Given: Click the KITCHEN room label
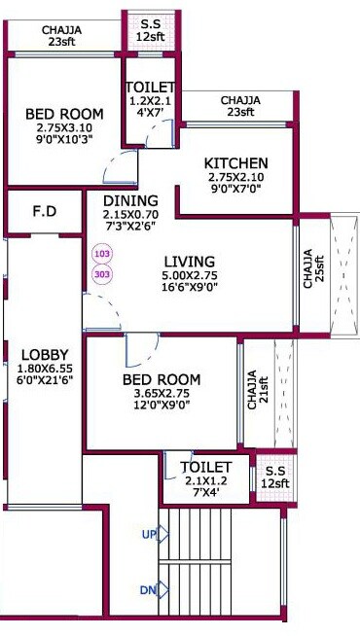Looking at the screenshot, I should pyautogui.click(x=236, y=162).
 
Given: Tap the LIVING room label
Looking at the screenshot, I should pyautogui.click(x=189, y=261).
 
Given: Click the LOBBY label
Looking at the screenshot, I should pyautogui.click(x=45, y=355).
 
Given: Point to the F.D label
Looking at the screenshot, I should pyautogui.click(x=43, y=209).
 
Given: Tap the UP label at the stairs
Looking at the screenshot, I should pyautogui.click(x=148, y=535).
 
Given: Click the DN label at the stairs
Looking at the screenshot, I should pyautogui.click(x=148, y=589).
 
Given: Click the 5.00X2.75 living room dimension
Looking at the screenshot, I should pyautogui.click(x=189, y=276).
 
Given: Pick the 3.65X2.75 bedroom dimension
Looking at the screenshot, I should pyautogui.click(x=162, y=394).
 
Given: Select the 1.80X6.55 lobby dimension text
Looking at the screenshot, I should pyautogui.click(x=45, y=370).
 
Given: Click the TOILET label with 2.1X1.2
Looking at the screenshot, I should pyautogui.click(x=206, y=468).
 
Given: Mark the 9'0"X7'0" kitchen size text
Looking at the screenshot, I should pyautogui.click(x=236, y=192).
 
